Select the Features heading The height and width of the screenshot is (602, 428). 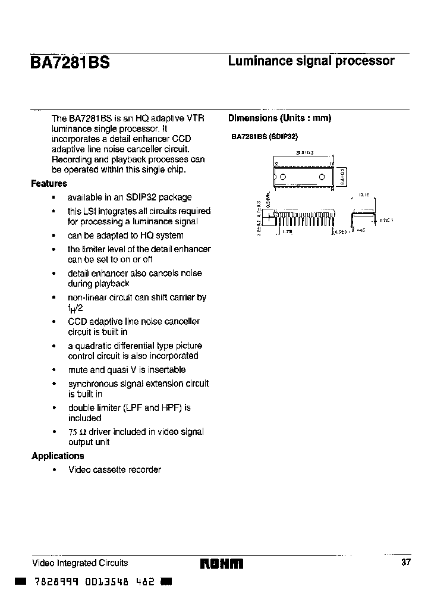point(49,184)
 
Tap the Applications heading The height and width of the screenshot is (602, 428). point(58,456)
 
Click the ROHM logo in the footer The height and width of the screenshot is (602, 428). point(221,563)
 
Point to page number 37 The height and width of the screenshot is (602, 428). point(406,563)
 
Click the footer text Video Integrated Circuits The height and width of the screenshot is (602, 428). point(80,563)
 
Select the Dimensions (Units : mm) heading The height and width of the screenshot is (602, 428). point(279,118)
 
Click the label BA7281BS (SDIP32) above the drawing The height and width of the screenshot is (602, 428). point(264,136)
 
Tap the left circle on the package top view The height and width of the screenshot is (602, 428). point(283,177)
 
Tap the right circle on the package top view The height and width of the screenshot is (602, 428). point(322,177)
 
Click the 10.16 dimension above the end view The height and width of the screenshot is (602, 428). point(364,195)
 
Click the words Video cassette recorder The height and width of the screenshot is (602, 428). point(114,470)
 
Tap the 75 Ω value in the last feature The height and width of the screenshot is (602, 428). point(75,432)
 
